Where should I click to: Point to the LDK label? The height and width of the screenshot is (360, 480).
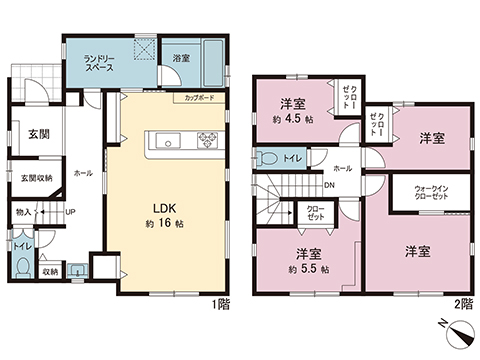[165, 208]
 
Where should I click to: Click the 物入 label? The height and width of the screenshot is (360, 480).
[25, 212]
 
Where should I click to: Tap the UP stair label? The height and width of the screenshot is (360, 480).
[70, 212]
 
